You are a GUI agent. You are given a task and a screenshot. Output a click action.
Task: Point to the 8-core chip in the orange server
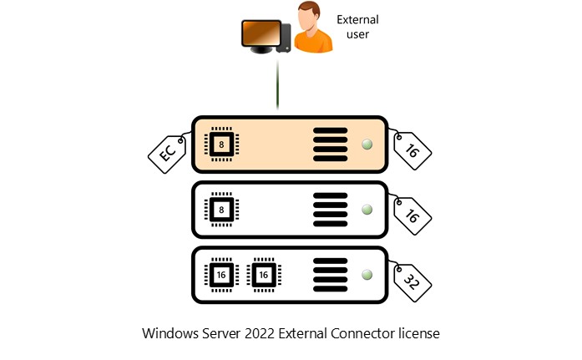pyautogui.click(x=220, y=145)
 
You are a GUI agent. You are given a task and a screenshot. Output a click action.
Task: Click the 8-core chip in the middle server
pyautogui.click(x=220, y=210)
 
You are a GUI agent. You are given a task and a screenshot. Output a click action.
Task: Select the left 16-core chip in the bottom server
pyautogui.click(x=220, y=274)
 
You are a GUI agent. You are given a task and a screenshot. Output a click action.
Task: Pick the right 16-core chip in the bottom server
pyautogui.click(x=264, y=274)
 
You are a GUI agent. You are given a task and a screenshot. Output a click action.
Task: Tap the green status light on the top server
pyautogui.click(x=366, y=145)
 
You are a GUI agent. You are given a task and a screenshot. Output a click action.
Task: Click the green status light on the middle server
pyautogui.click(x=366, y=210)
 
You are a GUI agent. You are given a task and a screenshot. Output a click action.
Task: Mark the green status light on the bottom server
pyautogui.click(x=366, y=274)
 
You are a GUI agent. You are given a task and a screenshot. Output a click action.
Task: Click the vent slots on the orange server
pyautogui.click(x=330, y=145)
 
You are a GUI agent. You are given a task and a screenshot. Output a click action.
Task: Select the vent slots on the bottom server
pyautogui.click(x=330, y=274)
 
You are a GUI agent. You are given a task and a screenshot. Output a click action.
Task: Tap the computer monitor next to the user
pyautogui.click(x=260, y=34)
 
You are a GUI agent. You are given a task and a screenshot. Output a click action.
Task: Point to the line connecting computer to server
pyautogui.click(x=276, y=84)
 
